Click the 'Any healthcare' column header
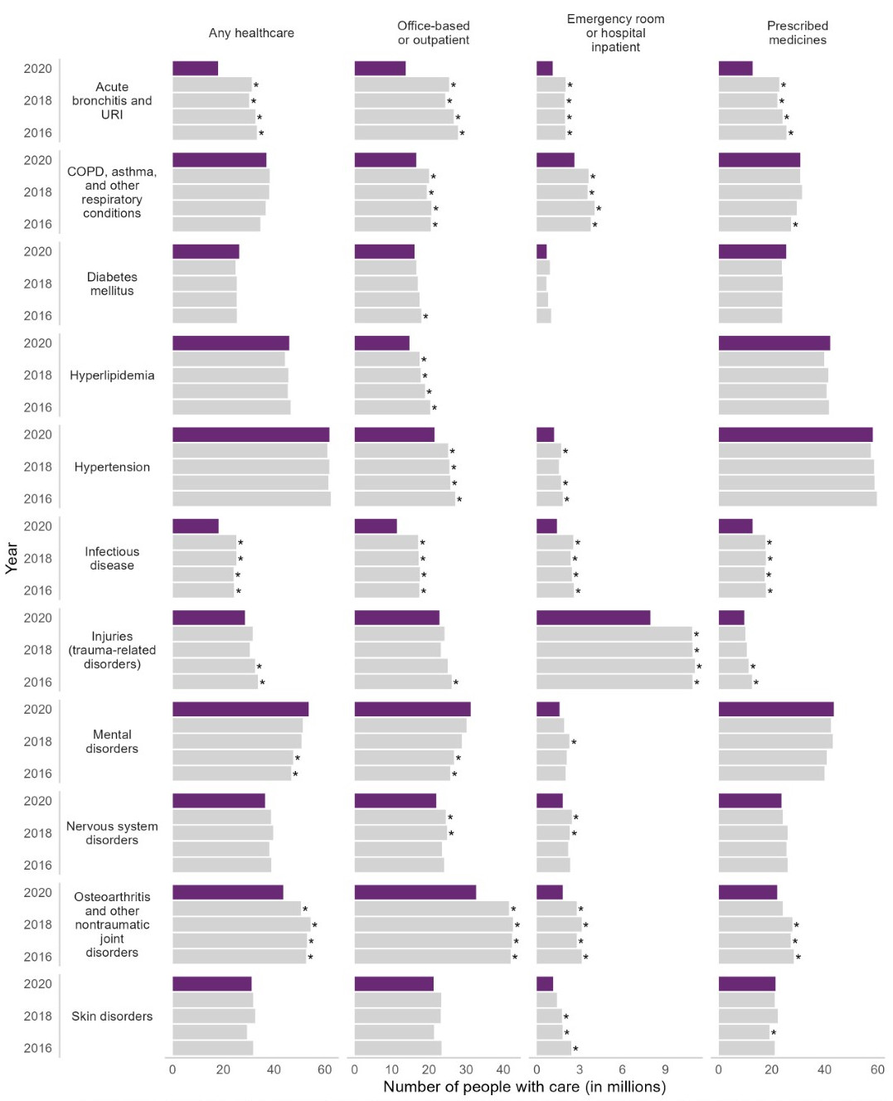coord(251,33)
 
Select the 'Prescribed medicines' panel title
coord(797,33)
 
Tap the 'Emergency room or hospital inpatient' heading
coord(615,33)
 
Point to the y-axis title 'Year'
coord(12,557)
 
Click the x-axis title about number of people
coord(524,1087)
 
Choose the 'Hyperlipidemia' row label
coord(112,376)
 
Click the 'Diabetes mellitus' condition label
coord(112,284)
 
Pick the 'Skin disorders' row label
coord(112,1016)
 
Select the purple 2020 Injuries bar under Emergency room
coord(593,618)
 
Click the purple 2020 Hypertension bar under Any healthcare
coord(250,434)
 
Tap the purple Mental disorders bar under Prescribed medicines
coord(775,709)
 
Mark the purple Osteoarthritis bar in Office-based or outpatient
coord(415,892)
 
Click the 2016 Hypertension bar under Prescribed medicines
coord(797,499)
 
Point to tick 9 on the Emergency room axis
coord(665,1069)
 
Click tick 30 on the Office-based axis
coord(466,1069)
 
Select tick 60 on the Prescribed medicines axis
coord(877,1069)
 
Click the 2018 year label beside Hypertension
coord(37,467)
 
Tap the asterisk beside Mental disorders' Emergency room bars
coord(574,743)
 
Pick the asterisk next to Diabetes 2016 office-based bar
coord(426,318)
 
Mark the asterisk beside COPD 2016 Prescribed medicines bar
coord(795,226)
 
